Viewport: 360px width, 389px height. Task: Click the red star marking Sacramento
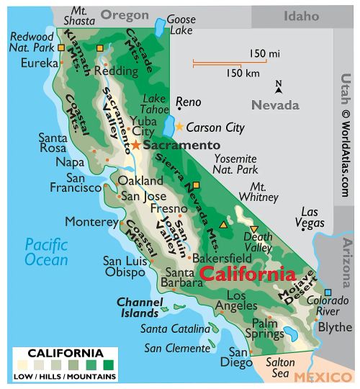(x=135, y=145)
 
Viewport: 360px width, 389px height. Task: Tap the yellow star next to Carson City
(x=179, y=127)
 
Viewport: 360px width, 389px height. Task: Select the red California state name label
(x=247, y=274)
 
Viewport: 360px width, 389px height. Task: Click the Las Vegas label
(x=311, y=218)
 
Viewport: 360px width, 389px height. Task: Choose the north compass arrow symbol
(x=279, y=88)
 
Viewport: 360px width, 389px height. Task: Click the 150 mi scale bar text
(x=264, y=54)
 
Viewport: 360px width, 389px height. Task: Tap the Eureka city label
(x=40, y=63)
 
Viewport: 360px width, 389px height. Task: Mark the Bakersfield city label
(x=222, y=256)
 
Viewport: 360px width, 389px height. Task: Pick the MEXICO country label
(x=324, y=376)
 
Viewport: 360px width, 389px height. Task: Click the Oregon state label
(x=124, y=15)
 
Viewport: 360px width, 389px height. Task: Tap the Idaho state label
(x=300, y=15)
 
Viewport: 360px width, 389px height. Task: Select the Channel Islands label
(x=138, y=308)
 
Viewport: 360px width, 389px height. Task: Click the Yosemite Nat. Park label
(x=235, y=164)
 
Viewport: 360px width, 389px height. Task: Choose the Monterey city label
(x=90, y=221)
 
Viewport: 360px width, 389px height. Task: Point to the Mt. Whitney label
(x=258, y=192)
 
